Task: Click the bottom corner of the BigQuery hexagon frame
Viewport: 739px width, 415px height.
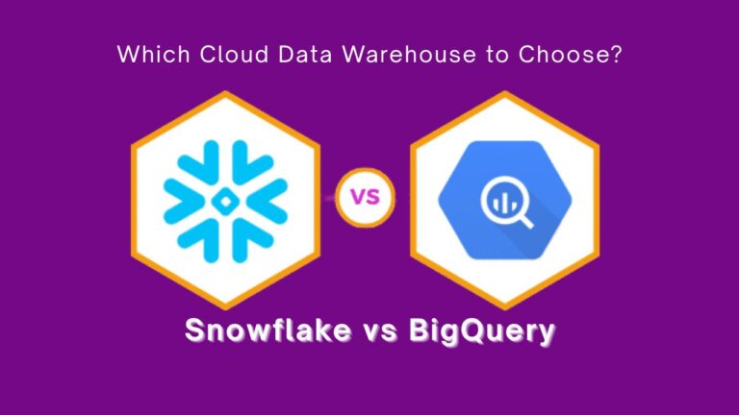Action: pyautogui.click(x=504, y=308)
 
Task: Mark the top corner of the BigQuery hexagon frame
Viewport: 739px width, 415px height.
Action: pyautogui.click(x=504, y=93)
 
